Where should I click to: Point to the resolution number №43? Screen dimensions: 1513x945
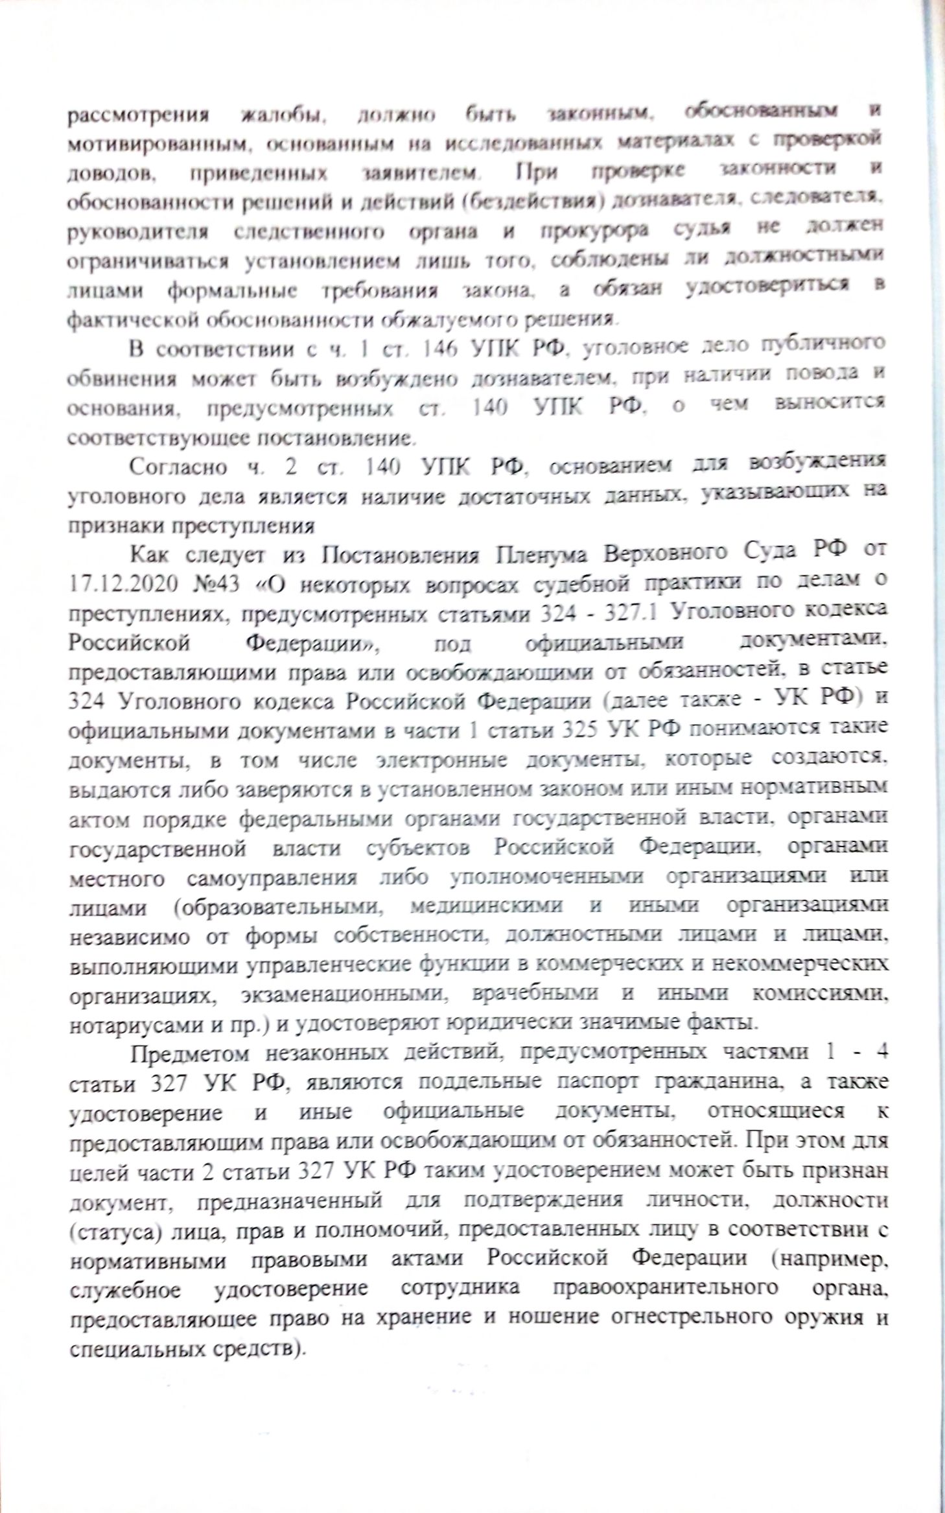click(217, 584)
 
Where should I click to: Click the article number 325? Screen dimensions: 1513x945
click(582, 729)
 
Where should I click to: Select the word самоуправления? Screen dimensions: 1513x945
click(272, 878)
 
